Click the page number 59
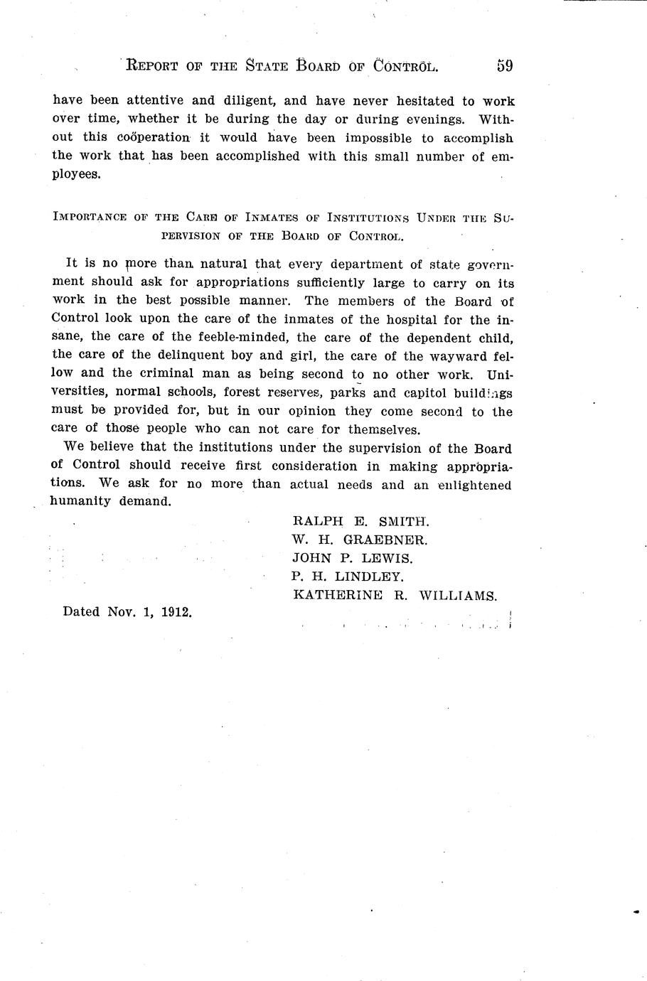(x=505, y=66)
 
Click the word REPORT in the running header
(x=154, y=67)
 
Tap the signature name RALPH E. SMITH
(x=360, y=521)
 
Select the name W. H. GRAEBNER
(x=360, y=540)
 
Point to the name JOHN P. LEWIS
(x=352, y=558)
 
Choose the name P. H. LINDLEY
(x=348, y=577)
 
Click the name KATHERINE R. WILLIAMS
(x=395, y=596)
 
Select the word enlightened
(x=474, y=486)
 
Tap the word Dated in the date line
(x=81, y=611)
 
